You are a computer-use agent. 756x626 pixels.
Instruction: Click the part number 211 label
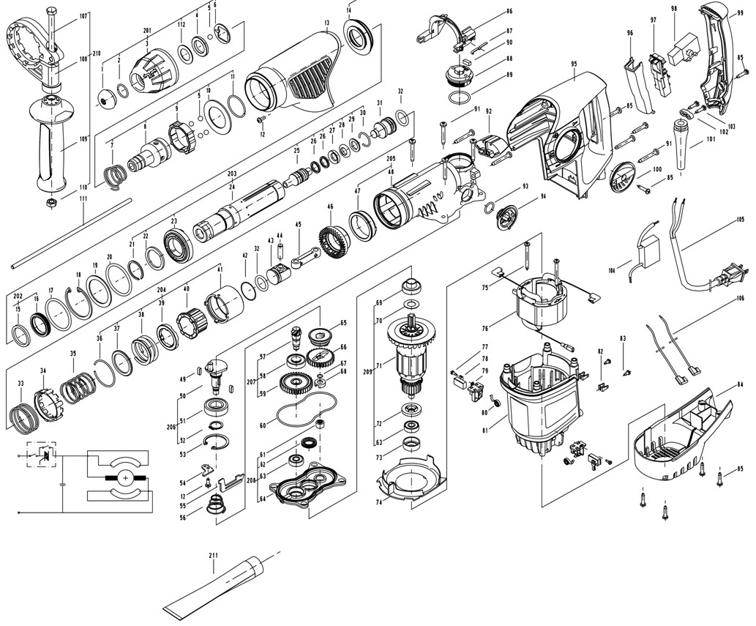point(213,556)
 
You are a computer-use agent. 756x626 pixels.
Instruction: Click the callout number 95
point(575,64)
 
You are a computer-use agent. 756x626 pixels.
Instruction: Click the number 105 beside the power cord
point(740,220)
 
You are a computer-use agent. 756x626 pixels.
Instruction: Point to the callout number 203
point(233,174)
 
